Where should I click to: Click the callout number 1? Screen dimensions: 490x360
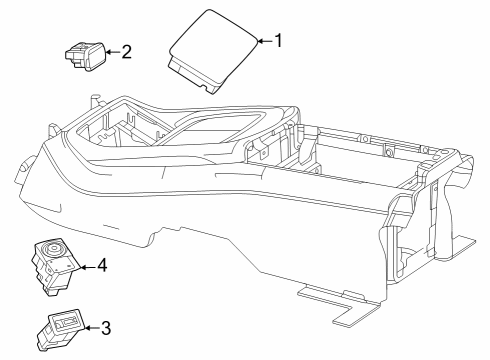pyautogui.click(x=278, y=41)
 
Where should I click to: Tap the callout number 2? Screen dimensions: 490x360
pyautogui.click(x=126, y=52)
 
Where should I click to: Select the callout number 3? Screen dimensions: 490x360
pyautogui.click(x=106, y=328)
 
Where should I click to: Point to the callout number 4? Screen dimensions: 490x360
pyautogui.click(x=102, y=266)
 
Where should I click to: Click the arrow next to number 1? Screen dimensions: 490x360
pyautogui.click(x=265, y=41)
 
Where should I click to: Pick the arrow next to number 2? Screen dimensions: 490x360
pyautogui.click(x=113, y=52)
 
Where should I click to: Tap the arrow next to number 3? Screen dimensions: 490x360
pyautogui.click(x=93, y=328)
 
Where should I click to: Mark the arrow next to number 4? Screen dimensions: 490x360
pyautogui.click(x=88, y=267)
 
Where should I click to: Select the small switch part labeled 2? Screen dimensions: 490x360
pyautogui.click(x=85, y=56)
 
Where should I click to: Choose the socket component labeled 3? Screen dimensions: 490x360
pyautogui.click(x=61, y=329)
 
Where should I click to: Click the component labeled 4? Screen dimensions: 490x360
pyautogui.click(x=56, y=267)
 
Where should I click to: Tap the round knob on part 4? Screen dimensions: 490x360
pyautogui.click(x=53, y=249)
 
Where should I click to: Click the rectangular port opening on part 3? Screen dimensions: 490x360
pyautogui.click(x=66, y=323)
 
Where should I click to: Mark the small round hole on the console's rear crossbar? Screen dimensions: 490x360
pyautogui.click(x=388, y=152)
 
